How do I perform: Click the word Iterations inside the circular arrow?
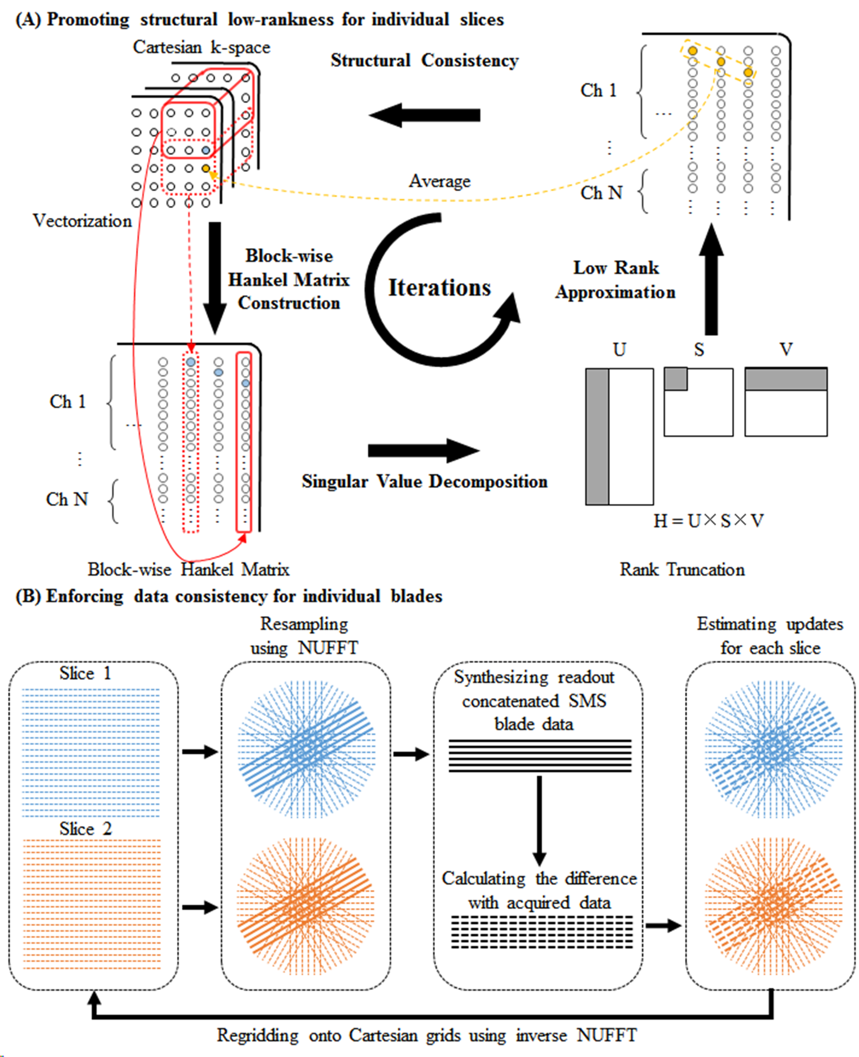click(x=439, y=288)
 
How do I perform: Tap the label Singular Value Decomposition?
click(x=425, y=481)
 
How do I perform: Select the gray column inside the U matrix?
click(x=597, y=437)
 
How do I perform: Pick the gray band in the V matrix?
click(x=786, y=379)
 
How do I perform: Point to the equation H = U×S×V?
click(x=708, y=520)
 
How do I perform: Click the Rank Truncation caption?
click(x=682, y=569)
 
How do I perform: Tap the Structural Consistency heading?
click(x=425, y=60)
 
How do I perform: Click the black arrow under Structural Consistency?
click(x=425, y=115)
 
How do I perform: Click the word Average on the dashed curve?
click(x=439, y=181)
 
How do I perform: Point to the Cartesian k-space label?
click(x=202, y=47)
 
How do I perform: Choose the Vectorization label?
click(x=82, y=221)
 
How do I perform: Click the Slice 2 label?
click(x=86, y=828)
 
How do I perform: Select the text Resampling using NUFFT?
click(x=304, y=636)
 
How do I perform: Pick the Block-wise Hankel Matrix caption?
click(x=188, y=569)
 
